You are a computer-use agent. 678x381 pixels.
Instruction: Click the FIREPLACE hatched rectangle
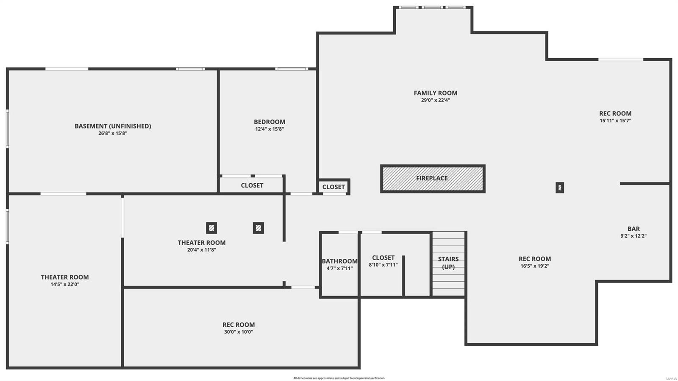pyautogui.click(x=433, y=179)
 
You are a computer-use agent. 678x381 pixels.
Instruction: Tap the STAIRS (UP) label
pyautogui.click(x=448, y=263)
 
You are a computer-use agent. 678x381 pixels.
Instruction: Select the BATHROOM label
pyautogui.click(x=339, y=261)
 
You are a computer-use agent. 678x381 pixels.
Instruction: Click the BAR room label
pyautogui.click(x=634, y=229)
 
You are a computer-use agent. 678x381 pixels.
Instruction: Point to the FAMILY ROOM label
pyautogui.click(x=435, y=93)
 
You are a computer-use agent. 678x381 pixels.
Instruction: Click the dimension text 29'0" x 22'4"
pyautogui.click(x=435, y=101)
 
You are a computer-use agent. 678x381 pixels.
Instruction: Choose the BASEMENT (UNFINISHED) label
pyautogui.click(x=113, y=126)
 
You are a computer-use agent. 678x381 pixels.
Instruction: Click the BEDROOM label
pyautogui.click(x=270, y=122)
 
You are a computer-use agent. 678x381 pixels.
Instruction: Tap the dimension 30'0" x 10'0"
pyautogui.click(x=239, y=332)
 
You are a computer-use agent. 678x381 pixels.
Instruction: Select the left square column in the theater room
pyautogui.click(x=212, y=228)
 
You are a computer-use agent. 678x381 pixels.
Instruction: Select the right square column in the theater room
pyautogui.click(x=258, y=228)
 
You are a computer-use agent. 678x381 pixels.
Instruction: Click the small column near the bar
pyautogui.click(x=560, y=188)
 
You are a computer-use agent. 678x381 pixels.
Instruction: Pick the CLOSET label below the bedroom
pyautogui.click(x=252, y=185)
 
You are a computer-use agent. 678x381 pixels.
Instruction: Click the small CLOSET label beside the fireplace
pyautogui.click(x=333, y=187)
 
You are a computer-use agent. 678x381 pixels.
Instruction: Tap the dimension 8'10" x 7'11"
pyautogui.click(x=383, y=265)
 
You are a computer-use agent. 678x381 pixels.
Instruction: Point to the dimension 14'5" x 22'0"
pyautogui.click(x=65, y=285)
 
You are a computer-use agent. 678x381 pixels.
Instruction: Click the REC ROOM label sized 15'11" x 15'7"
pyautogui.click(x=615, y=113)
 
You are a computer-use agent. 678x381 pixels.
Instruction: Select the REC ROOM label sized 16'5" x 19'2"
pyautogui.click(x=535, y=259)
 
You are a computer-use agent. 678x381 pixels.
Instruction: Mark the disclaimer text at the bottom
pyautogui.click(x=339, y=378)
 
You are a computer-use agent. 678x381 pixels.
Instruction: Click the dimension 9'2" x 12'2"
pyautogui.click(x=634, y=236)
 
